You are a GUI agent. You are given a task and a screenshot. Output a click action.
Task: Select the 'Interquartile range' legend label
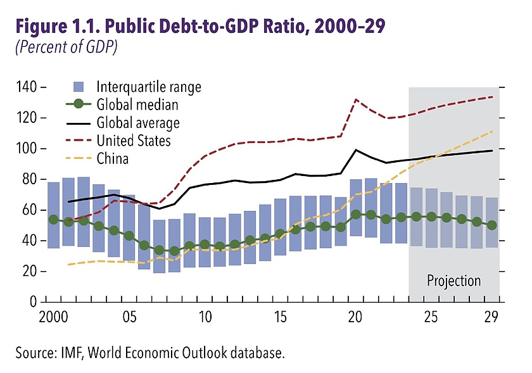coord(149,87)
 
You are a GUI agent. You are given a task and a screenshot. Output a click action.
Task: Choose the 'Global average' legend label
coord(138,122)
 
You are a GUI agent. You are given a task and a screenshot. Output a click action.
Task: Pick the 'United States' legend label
coord(134,140)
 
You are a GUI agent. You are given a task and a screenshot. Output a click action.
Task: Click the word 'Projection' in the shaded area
coord(453,281)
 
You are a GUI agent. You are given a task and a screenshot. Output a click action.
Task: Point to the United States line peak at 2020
coord(356,99)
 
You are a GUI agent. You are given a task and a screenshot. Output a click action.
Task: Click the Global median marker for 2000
coord(54,220)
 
